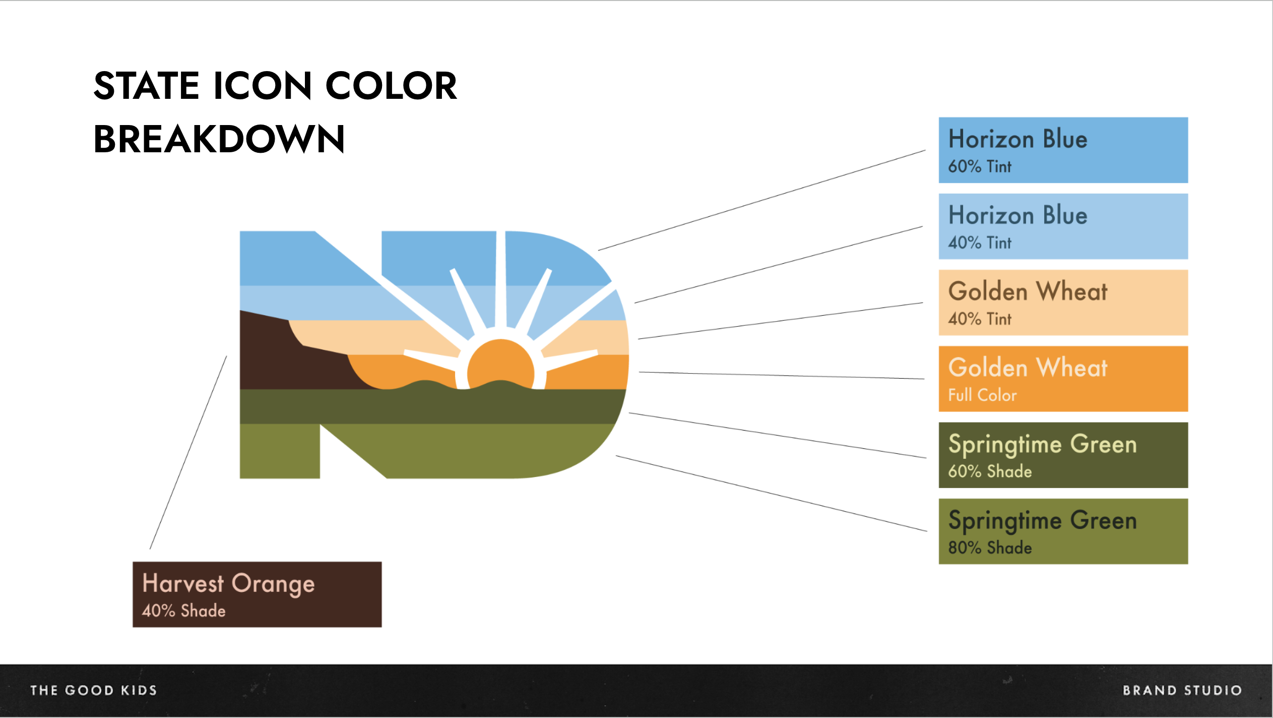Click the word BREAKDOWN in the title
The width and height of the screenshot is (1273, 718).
pos(219,139)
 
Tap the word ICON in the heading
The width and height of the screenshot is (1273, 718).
pos(263,85)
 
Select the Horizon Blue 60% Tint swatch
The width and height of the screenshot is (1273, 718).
pos(1063,150)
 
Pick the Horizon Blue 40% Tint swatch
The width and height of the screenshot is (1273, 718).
pos(1063,226)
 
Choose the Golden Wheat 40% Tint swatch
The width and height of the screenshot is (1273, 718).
pos(1063,303)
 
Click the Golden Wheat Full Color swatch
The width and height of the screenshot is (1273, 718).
pos(1063,379)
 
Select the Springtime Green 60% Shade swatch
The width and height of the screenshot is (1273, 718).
pos(1063,455)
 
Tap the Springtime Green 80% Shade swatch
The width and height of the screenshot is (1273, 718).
pos(1063,531)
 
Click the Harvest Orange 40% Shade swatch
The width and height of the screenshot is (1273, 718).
pos(257,594)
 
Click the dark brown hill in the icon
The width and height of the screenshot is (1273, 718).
pos(282,358)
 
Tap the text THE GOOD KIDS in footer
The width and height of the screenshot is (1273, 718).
pos(94,690)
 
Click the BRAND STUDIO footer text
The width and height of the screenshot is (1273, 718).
pos(1182,690)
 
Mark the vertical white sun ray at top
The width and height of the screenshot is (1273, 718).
pos(500,279)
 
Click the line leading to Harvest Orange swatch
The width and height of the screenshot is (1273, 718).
pos(188,452)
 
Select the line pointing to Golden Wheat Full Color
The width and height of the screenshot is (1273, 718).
pos(782,375)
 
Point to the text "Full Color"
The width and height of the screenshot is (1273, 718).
pos(982,395)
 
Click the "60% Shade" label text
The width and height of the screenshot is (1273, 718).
pos(990,471)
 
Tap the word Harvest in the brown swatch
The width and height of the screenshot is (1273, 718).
pos(183,583)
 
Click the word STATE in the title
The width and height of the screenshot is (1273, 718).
pos(147,85)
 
